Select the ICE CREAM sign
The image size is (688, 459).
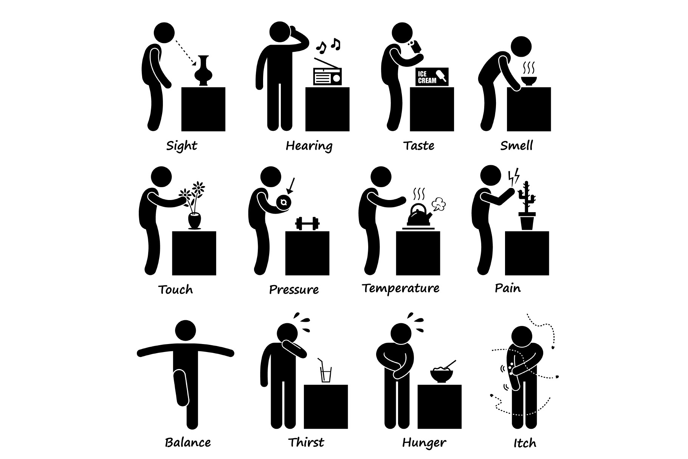432,77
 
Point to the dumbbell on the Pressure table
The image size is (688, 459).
307,223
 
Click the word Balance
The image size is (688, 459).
188,442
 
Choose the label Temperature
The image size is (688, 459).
401,288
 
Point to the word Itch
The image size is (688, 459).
525,442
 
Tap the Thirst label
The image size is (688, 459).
306,442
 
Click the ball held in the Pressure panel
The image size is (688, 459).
284,203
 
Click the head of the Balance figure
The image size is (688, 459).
186,331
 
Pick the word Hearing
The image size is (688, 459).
309,146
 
